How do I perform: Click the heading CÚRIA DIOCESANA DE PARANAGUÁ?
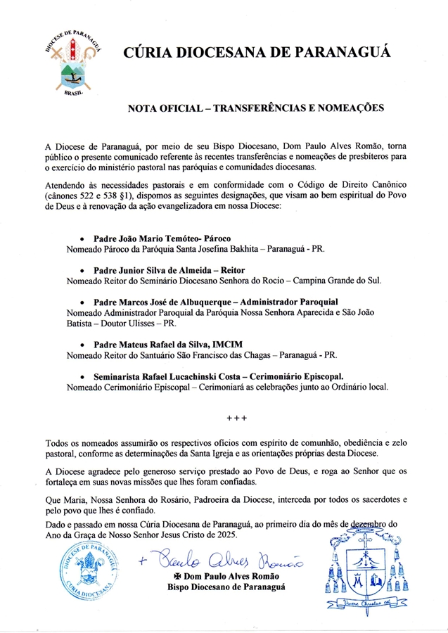257,53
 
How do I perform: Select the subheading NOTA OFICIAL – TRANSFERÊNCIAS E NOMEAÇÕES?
256,110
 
